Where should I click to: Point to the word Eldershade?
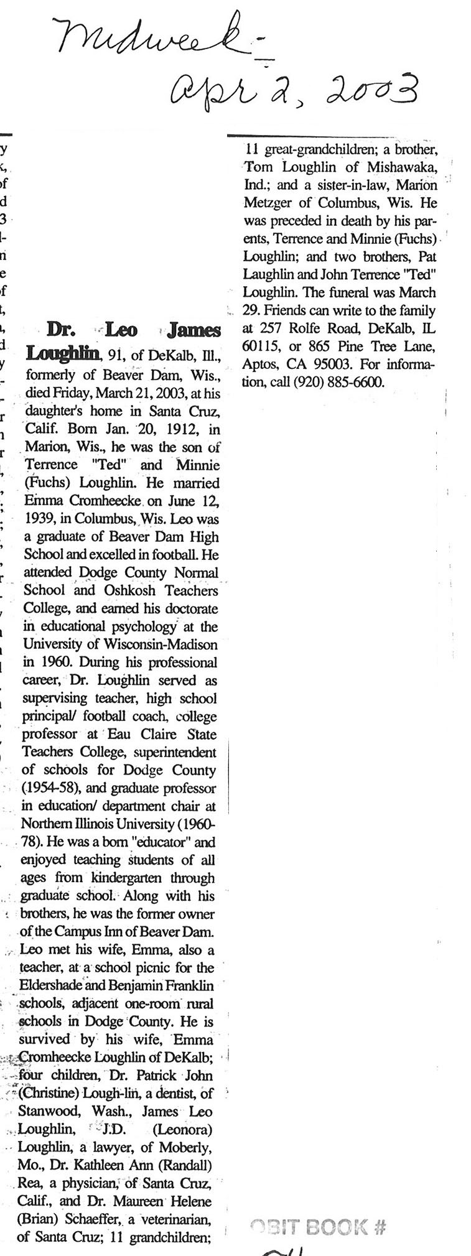(54, 985)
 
